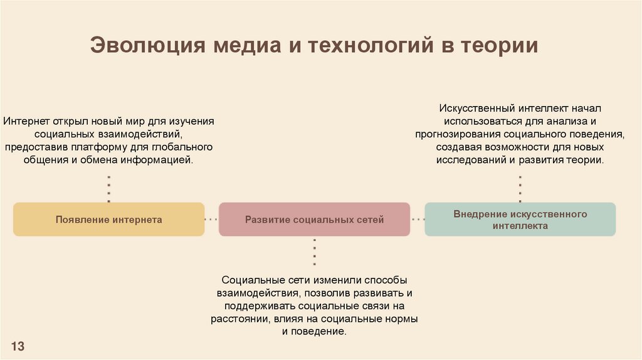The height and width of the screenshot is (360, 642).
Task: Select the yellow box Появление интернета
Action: pos(108,220)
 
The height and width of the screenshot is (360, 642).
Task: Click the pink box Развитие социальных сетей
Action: pos(314,220)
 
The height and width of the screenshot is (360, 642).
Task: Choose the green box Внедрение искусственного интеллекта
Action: pos(520,220)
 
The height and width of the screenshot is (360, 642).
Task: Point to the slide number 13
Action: pos(18,346)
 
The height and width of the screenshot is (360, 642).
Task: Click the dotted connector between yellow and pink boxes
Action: pos(211,220)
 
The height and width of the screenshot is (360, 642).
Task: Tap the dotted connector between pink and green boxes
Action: pos(418,220)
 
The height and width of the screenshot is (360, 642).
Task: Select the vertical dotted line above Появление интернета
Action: pos(108,189)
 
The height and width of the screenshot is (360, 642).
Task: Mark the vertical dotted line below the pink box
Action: pos(314,251)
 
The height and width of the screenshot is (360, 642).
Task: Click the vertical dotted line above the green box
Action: pos(520,189)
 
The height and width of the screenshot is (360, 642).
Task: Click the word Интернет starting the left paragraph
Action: pos(23,120)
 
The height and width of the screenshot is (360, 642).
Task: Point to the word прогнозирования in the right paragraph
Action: pos(452,134)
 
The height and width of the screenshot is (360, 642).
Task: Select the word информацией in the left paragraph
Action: pos(164,161)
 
